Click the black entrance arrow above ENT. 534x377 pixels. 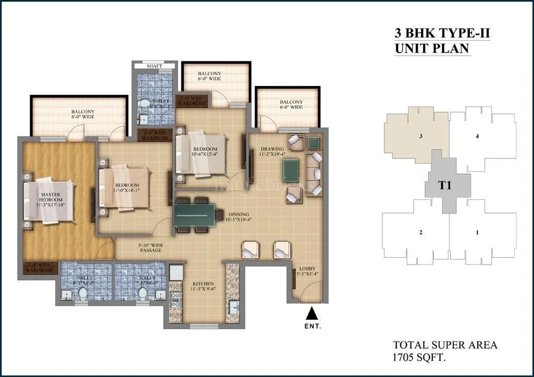point(311,313)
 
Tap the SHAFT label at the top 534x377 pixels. point(155,66)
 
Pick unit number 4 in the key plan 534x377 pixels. point(477,136)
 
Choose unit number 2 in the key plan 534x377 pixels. point(420,232)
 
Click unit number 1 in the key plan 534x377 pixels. point(477,232)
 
